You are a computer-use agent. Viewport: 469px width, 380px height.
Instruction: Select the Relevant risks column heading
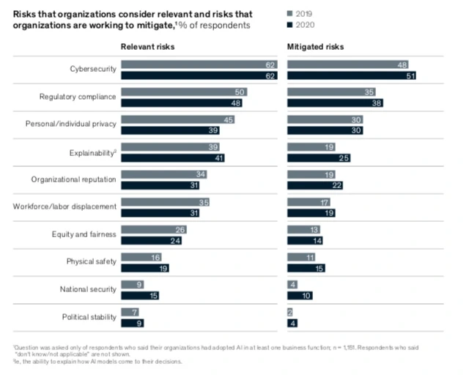click(148, 47)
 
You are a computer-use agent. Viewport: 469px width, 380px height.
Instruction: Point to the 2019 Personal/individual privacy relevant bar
click(177, 119)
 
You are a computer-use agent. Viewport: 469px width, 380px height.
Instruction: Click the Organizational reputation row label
click(74, 179)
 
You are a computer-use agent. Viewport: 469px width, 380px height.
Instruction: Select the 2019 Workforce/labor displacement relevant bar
click(164, 201)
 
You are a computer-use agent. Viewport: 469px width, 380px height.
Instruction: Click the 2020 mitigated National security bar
click(300, 295)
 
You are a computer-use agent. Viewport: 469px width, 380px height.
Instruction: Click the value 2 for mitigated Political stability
click(291, 312)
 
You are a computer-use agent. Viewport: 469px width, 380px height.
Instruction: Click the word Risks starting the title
click(26, 13)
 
